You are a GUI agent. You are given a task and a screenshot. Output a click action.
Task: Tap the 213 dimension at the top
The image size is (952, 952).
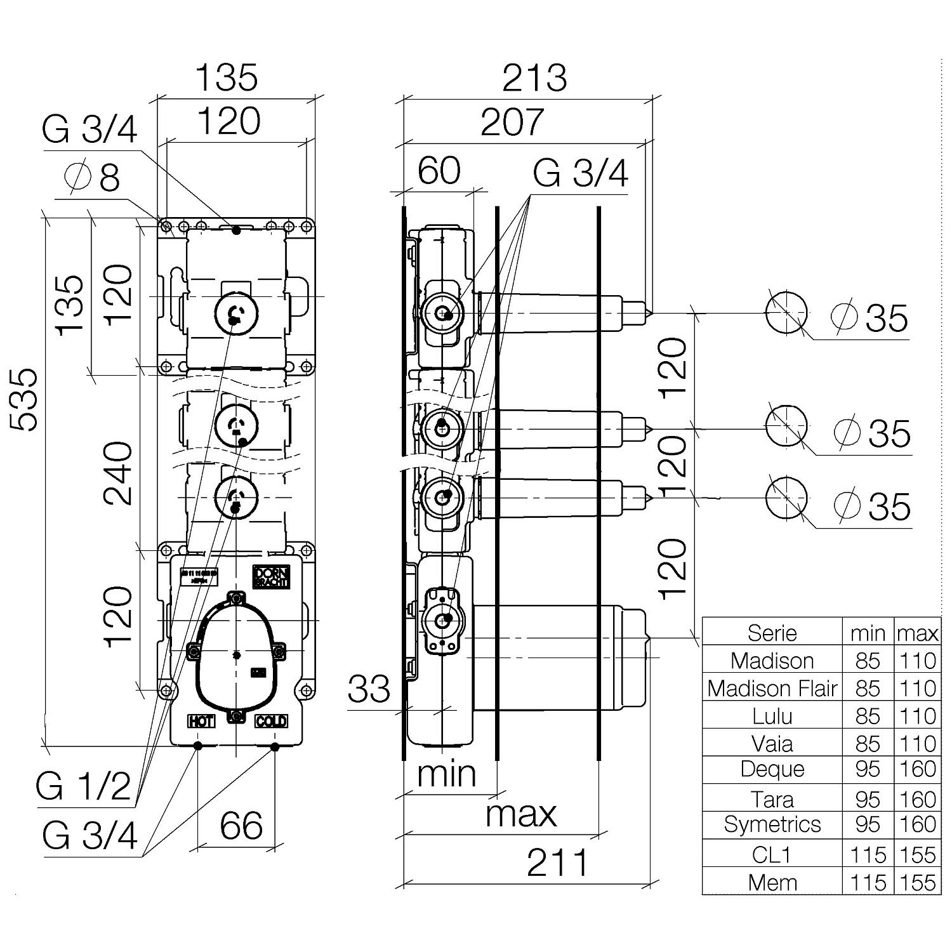tap(534, 78)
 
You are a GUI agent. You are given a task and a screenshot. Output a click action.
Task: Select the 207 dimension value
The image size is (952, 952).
tap(512, 122)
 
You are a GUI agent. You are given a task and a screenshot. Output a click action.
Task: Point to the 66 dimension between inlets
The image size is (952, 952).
tap(241, 826)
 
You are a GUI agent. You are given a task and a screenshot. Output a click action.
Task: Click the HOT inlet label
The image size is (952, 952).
tap(201, 721)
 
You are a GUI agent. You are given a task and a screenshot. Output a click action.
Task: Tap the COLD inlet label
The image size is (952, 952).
tap(271, 721)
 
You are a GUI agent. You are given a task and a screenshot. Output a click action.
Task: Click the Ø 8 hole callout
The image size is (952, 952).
tap(93, 177)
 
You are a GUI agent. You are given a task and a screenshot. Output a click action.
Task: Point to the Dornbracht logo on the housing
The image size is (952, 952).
tap(271, 576)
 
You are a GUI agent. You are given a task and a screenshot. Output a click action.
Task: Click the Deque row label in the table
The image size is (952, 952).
tap(772, 769)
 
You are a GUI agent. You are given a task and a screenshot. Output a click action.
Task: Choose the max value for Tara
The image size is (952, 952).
tap(918, 799)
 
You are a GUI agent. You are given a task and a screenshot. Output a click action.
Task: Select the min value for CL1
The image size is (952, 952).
tap(868, 854)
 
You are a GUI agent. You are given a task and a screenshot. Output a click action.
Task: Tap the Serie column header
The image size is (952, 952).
tap(772, 633)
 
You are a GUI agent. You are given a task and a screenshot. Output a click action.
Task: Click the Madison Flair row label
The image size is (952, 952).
tap(772, 688)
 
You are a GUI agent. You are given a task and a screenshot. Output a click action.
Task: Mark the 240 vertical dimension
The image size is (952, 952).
tap(119, 473)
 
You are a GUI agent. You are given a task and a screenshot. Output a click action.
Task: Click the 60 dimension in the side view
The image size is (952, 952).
tap(439, 171)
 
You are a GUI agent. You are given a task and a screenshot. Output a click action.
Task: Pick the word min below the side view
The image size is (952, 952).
tap(446, 774)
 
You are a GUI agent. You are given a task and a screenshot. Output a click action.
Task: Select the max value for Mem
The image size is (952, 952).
tap(918, 882)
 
